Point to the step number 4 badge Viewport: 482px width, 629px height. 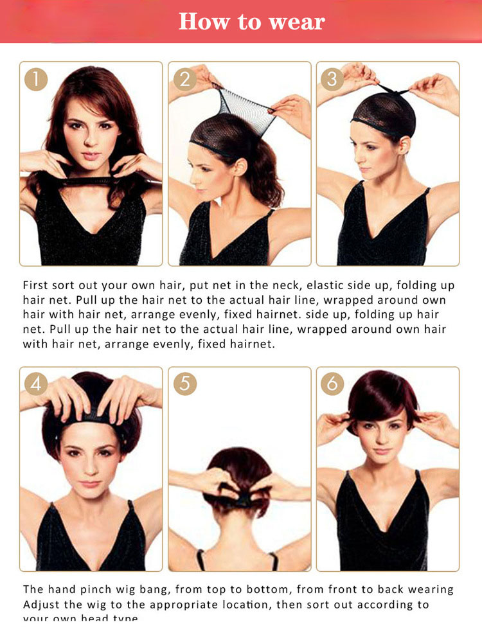tap(36, 384)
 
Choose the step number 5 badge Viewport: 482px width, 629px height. tap(184, 384)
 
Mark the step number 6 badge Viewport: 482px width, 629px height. tap(332, 384)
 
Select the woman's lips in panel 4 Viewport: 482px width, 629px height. tap(90, 483)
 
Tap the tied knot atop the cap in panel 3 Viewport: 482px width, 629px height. tap(387, 91)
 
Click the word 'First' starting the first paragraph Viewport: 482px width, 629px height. tap(38, 285)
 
